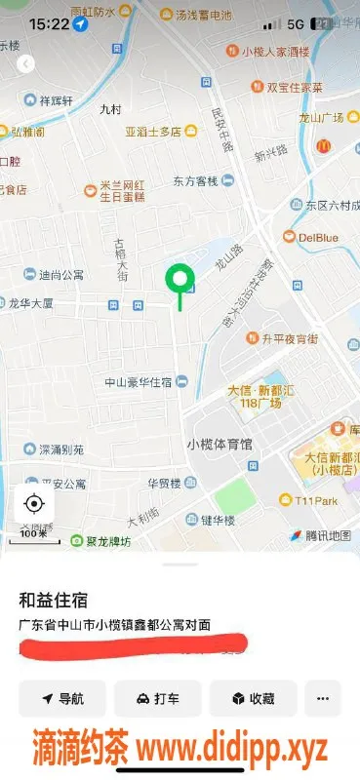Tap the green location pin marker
tap(179, 281)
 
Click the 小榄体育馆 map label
tap(219, 444)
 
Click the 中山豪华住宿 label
tap(138, 381)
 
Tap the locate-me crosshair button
tap(34, 503)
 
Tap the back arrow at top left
tap(26, 64)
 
